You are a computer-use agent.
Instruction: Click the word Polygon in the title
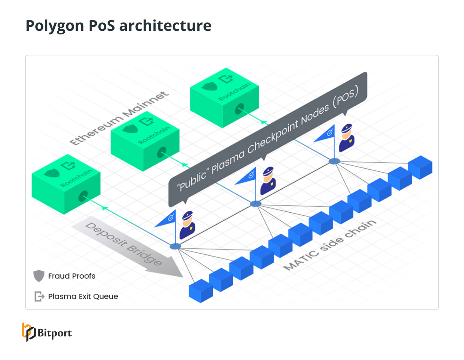pos(54,26)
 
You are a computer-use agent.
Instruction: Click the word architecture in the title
pos(165,26)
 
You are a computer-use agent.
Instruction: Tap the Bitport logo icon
pos(28,332)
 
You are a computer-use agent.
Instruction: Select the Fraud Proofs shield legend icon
pos(39,275)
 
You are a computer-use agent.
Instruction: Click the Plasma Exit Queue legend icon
pos(39,296)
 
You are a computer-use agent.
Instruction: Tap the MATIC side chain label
pos(330,245)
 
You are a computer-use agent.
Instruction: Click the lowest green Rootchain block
pos(66,184)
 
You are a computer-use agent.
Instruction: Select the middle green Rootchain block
pos(145,141)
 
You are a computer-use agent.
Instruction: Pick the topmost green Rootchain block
pos(224,97)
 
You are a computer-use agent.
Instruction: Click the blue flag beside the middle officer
pos(247,177)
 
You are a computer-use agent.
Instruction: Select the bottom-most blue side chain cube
pos(201,291)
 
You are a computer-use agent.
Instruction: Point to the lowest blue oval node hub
pos(175,246)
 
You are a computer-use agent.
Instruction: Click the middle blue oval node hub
pos(255,204)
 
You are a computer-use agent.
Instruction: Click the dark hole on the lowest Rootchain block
pos(83,196)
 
